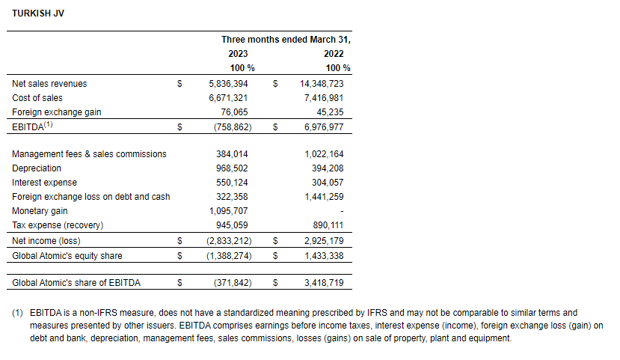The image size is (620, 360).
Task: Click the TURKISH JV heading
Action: coord(38,13)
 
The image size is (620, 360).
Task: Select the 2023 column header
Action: coord(238,54)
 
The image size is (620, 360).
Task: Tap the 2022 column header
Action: coord(334,54)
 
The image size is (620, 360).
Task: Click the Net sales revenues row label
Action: coord(49,84)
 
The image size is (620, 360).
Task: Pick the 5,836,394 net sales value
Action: coord(229,84)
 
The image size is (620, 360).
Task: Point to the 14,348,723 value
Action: coord(322,84)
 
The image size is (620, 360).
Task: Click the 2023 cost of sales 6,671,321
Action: coord(229,98)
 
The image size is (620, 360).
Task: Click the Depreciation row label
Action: coord(37,168)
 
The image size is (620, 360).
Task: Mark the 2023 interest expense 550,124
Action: coord(231,183)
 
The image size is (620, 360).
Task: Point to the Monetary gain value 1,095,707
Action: coord(229,211)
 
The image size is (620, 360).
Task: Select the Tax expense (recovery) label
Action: coord(58,225)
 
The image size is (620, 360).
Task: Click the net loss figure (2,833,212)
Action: coord(229,241)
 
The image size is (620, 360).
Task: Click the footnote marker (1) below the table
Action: coord(18,312)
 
